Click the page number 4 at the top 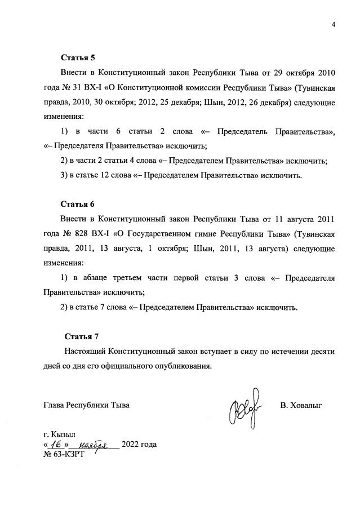[333, 24]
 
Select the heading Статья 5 [78, 57]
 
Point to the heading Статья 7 [82, 336]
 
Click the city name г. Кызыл [59, 434]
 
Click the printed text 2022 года [139, 444]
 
